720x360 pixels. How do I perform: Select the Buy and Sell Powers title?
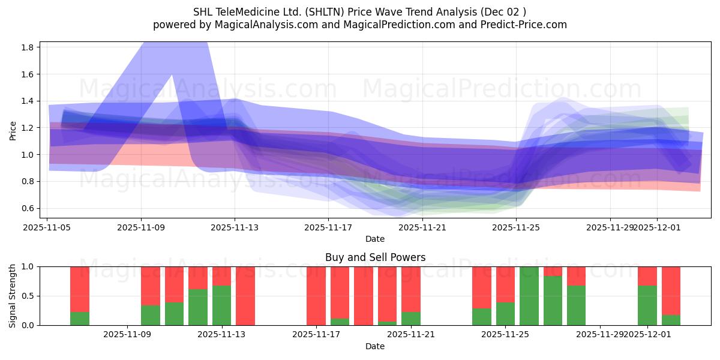point(375,257)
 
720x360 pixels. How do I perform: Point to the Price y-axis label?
point(13,130)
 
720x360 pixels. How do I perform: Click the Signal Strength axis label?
point(13,296)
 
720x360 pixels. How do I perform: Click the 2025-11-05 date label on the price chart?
point(47,227)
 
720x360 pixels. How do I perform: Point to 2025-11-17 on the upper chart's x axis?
point(328,227)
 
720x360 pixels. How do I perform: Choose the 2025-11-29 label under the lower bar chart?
point(600,334)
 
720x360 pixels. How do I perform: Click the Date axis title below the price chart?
point(375,239)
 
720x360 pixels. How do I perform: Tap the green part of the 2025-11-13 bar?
point(222,305)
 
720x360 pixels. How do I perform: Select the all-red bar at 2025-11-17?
point(316,296)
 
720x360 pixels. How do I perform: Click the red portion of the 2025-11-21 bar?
point(411,289)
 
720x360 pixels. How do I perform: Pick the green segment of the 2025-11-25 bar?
point(505,314)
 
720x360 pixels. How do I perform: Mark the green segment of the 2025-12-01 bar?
point(647,305)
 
